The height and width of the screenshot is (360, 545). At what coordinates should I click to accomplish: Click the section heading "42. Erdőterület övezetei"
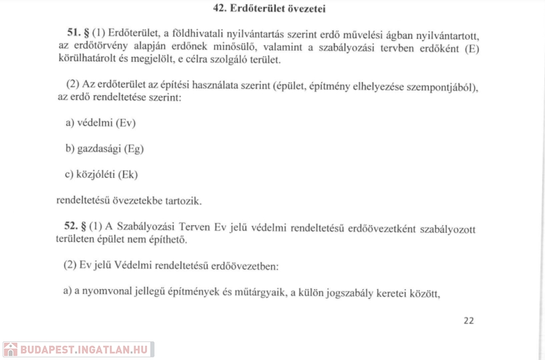pos(269,8)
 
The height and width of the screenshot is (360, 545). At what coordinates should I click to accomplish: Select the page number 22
pos(468,320)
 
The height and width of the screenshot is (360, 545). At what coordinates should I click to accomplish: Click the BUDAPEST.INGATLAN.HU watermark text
pos(84,350)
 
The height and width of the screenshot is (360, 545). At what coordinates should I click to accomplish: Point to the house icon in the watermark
pos(11,349)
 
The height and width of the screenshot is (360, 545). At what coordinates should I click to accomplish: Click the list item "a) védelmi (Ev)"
pos(101,123)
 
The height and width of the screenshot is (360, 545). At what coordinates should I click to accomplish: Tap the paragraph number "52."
pos(70,227)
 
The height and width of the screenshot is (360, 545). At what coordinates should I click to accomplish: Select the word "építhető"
pos(169,240)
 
